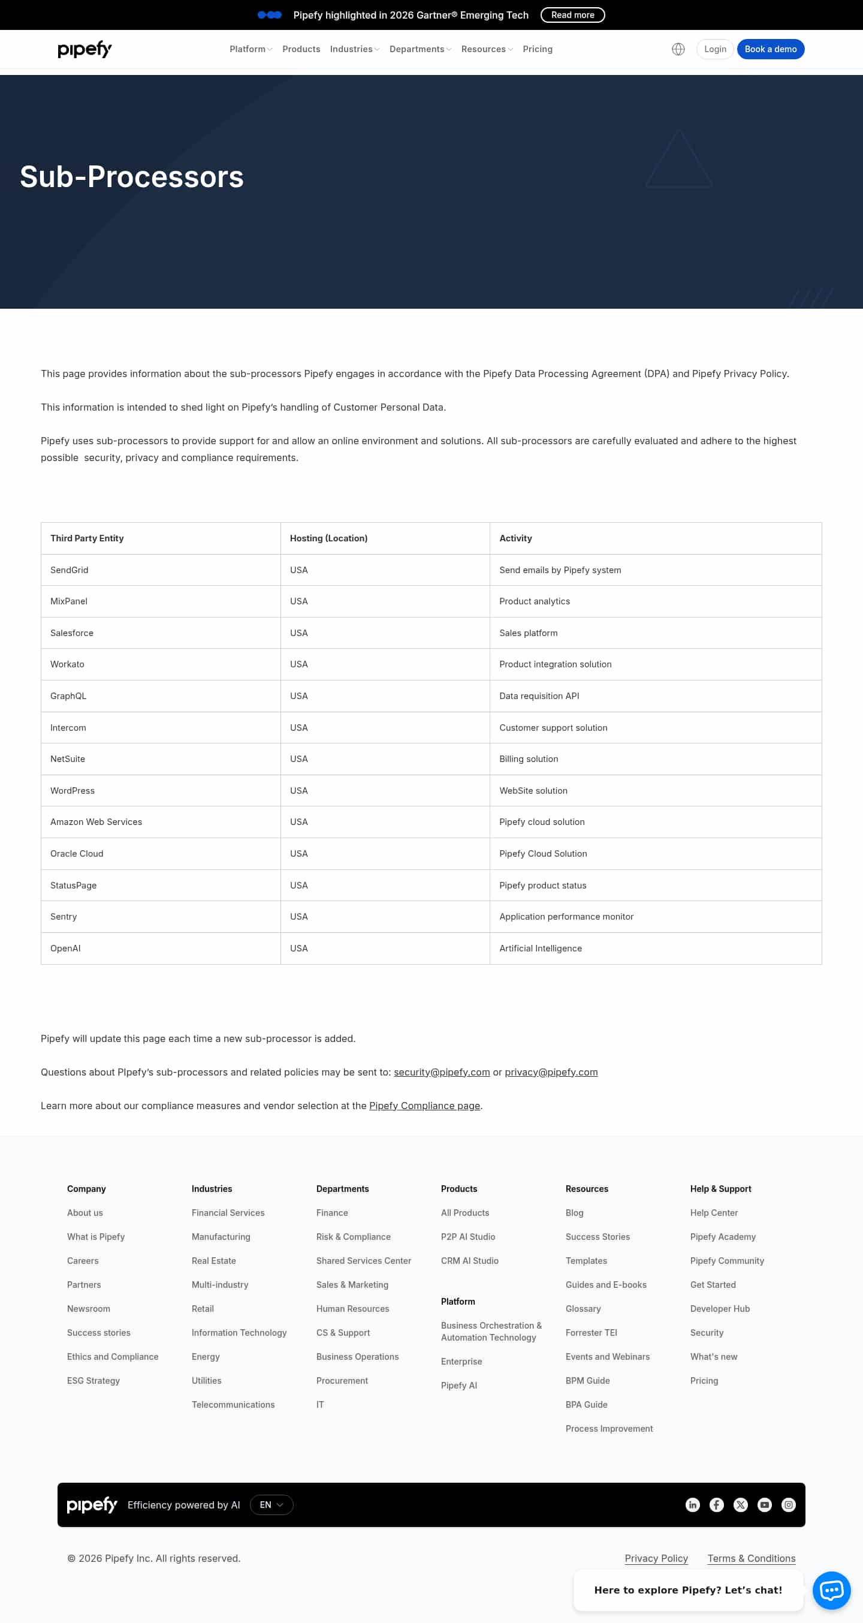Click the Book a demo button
(770, 49)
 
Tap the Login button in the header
(714, 49)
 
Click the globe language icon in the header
(678, 49)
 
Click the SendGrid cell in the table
(70, 570)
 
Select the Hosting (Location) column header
(328, 538)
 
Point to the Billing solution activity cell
(529, 758)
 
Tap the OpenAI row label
(65, 948)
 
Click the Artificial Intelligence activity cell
(541, 948)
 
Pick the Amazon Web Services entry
(96, 821)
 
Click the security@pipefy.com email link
(442, 1072)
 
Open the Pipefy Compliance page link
(424, 1106)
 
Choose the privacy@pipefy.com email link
(551, 1072)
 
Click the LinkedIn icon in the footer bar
(692, 1504)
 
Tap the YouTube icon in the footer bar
(764, 1504)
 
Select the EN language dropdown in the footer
(271, 1504)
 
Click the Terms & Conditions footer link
(751, 1558)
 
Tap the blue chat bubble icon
(831, 1590)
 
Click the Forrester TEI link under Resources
(591, 1333)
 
